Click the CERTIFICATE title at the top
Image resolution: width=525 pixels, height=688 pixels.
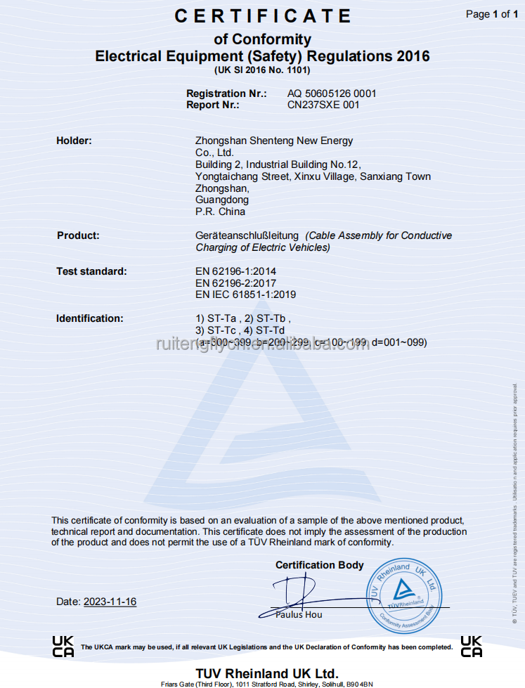(262, 16)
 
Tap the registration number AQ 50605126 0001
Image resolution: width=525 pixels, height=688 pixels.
(332, 93)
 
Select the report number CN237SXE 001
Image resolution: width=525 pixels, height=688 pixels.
(323, 105)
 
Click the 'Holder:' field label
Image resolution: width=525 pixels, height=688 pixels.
(74, 141)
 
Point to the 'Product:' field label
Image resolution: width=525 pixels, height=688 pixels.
(78, 235)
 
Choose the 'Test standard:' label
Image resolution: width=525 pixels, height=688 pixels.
(91, 271)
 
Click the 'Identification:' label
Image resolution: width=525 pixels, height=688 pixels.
(89, 318)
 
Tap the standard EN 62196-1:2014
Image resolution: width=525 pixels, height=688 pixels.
(235, 271)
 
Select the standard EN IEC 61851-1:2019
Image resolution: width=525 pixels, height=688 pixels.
(245, 295)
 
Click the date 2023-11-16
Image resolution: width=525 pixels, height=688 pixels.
(110, 602)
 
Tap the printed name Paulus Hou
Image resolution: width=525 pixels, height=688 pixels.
(299, 614)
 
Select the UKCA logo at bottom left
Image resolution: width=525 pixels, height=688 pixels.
(63, 646)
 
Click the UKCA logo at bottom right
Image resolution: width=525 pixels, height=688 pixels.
(471, 646)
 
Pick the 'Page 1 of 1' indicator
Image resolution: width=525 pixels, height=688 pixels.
(492, 14)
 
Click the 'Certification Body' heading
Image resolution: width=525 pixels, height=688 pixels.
(319, 565)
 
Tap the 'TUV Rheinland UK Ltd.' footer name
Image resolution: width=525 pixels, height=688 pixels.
(267, 673)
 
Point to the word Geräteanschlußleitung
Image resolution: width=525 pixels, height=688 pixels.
(247, 235)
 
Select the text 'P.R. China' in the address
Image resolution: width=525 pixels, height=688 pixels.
(220, 212)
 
